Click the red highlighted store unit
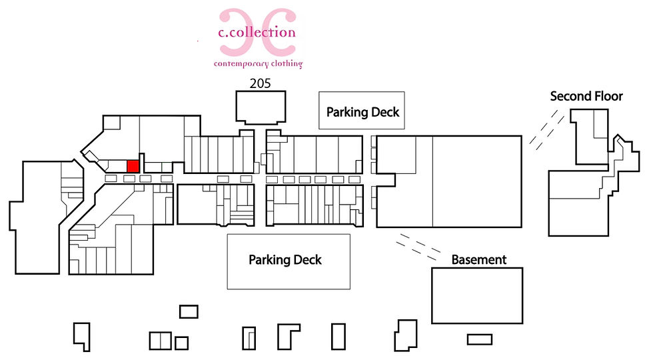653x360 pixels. click(x=133, y=166)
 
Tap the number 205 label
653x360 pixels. click(x=261, y=83)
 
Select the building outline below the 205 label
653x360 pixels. click(x=261, y=107)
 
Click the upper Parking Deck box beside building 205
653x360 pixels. click(x=361, y=111)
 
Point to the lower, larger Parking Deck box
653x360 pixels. click(x=289, y=261)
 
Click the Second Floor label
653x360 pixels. click(x=586, y=96)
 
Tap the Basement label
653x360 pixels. click(x=479, y=259)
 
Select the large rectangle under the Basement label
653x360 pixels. click(x=477, y=295)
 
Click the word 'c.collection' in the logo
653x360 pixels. click(x=257, y=32)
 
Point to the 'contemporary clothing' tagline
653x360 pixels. click(x=259, y=64)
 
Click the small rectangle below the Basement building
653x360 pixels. click(x=480, y=339)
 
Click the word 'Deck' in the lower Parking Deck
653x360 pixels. click(x=305, y=260)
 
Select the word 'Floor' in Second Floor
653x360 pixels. click(x=606, y=96)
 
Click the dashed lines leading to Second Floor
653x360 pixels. click(x=546, y=129)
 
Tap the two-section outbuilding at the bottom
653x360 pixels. click(x=161, y=341)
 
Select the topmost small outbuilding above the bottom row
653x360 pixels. click(x=189, y=312)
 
